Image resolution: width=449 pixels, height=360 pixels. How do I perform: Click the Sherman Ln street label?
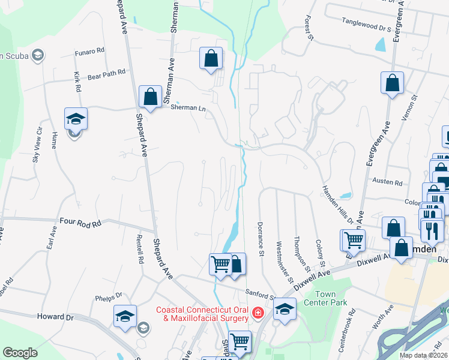[x=188, y=108]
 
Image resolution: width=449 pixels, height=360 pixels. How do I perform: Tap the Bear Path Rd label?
[x=106, y=73]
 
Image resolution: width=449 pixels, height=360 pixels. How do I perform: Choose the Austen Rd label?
[x=387, y=182]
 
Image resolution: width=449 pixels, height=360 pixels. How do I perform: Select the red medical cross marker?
[x=258, y=313]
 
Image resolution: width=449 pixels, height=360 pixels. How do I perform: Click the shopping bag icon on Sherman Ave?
[x=211, y=59]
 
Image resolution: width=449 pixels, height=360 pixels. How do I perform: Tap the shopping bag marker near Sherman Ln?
[x=150, y=96]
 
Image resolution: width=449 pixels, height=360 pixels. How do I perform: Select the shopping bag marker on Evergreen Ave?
[x=392, y=83]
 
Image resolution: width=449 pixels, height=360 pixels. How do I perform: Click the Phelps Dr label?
[x=109, y=296]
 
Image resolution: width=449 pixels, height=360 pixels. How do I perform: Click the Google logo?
[x=20, y=353]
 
